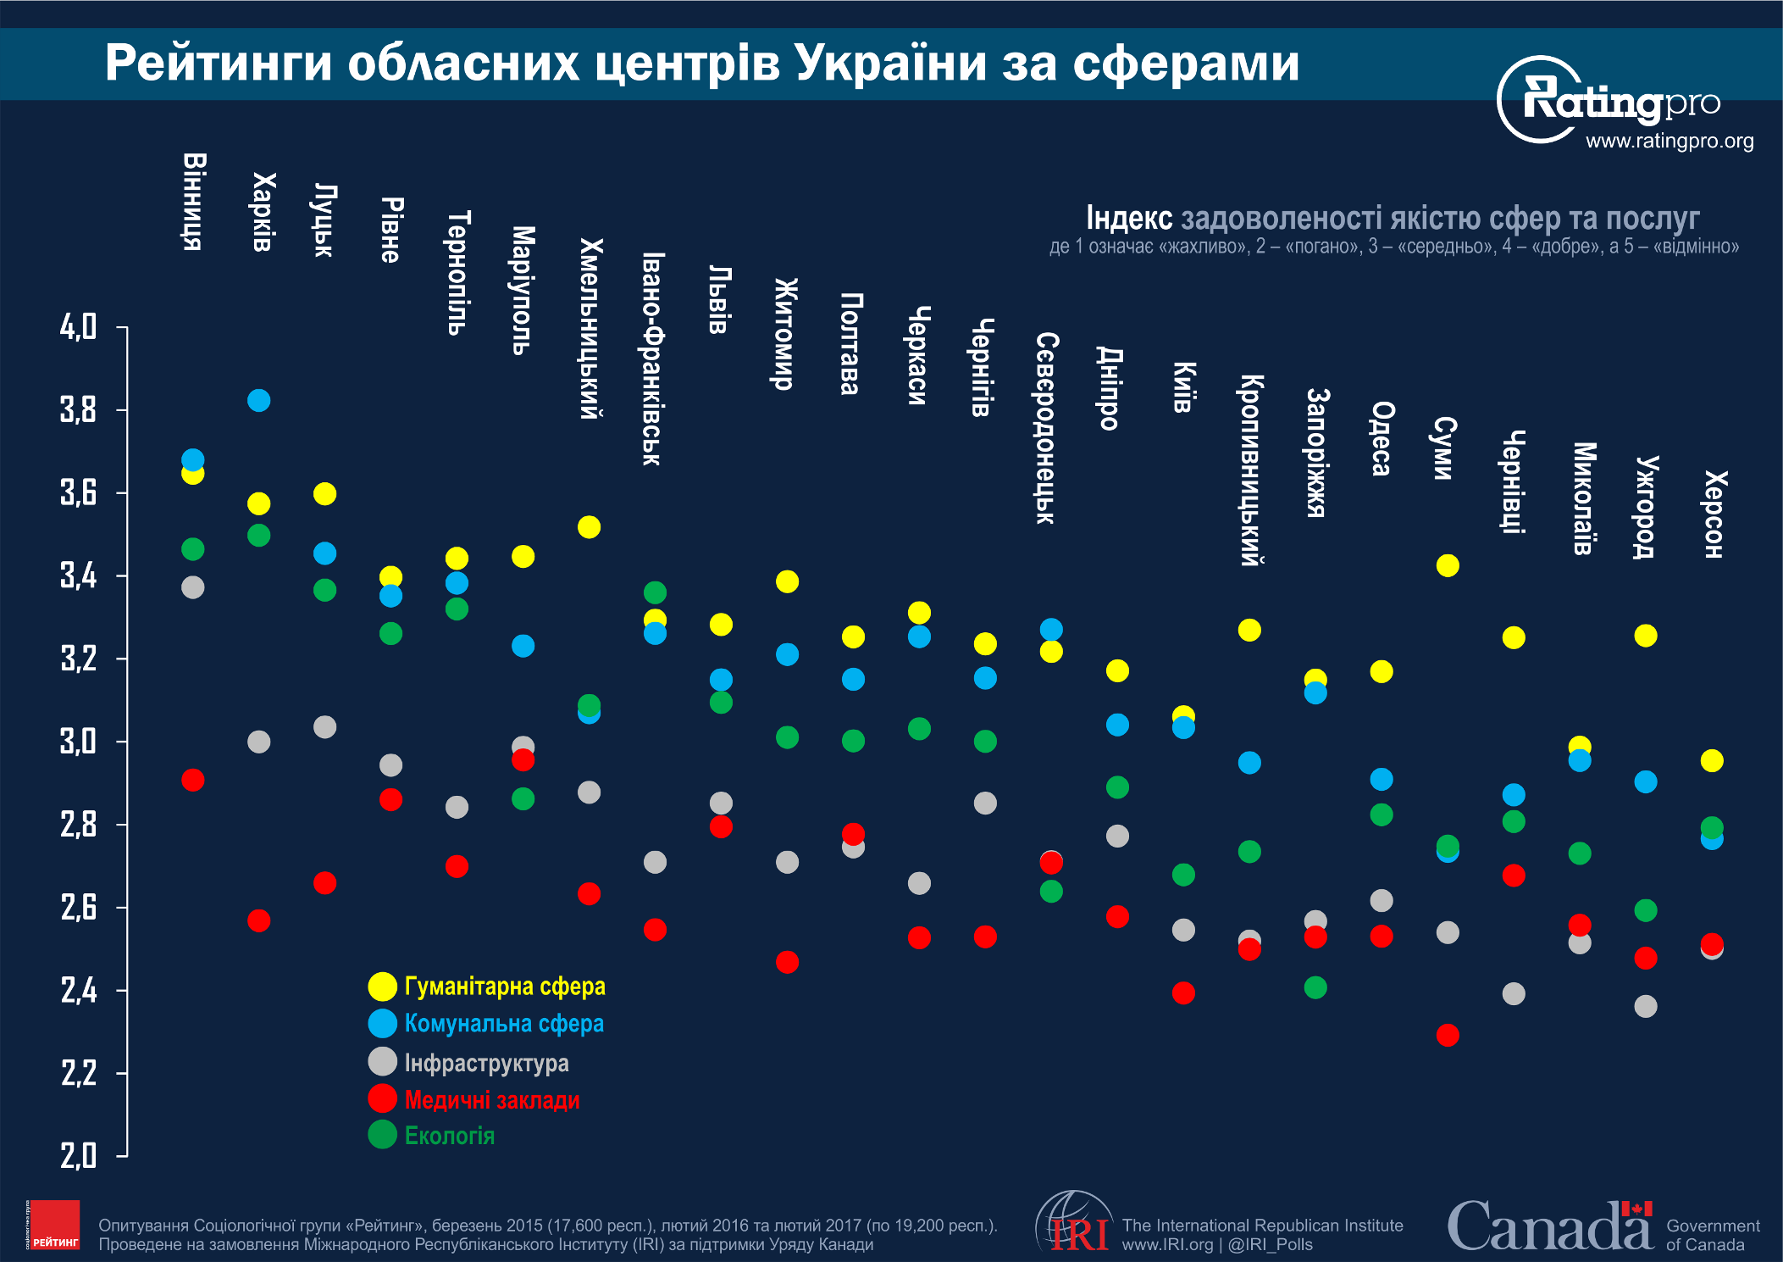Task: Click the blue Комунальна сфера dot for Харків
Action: coord(259,400)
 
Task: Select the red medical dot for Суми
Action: coord(1448,1035)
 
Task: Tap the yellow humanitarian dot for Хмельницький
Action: coord(589,527)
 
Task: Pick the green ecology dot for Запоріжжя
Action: coord(1315,987)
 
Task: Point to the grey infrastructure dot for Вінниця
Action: coord(193,587)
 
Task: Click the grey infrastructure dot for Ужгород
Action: coord(1646,1007)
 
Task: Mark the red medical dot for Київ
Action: coord(1183,992)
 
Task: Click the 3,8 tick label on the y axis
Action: coord(78,410)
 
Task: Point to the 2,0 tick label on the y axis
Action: coord(78,1155)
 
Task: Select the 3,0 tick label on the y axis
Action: coord(78,742)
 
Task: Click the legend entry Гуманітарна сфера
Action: coord(505,987)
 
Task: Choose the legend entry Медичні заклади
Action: coord(492,1100)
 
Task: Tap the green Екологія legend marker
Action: coord(383,1134)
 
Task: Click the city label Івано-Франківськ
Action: coord(653,359)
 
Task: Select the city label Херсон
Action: coord(1713,514)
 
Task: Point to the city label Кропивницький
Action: coord(1251,470)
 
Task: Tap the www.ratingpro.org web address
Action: coord(1669,141)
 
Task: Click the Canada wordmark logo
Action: coord(1550,1226)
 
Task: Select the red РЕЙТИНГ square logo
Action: coord(53,1225)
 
